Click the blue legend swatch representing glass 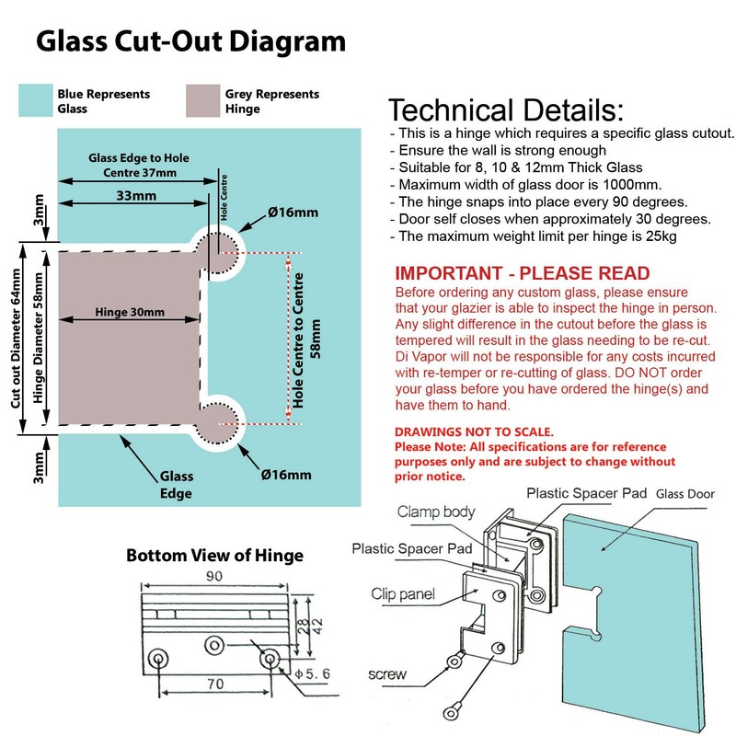click(35, 100)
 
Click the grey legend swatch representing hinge click(201, 100)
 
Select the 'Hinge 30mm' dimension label click(130, 313)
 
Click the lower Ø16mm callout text click(285, 475)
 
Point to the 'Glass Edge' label click(177, 485)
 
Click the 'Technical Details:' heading click(505, 111)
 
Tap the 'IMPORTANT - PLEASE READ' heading click(522, 274)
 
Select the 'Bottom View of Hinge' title click(214, 556)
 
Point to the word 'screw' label click(385, 674)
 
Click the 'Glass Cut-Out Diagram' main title click(190, 42)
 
